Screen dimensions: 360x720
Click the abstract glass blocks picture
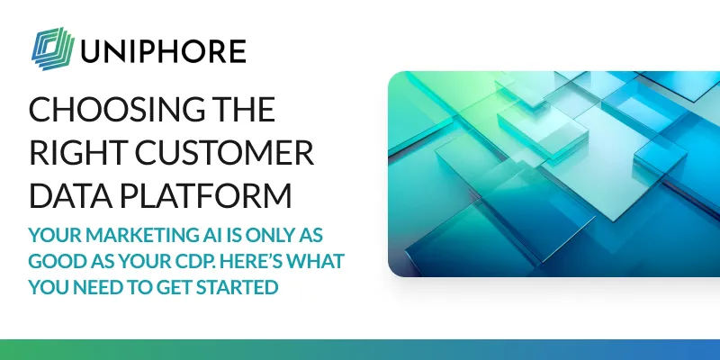[553, 174]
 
